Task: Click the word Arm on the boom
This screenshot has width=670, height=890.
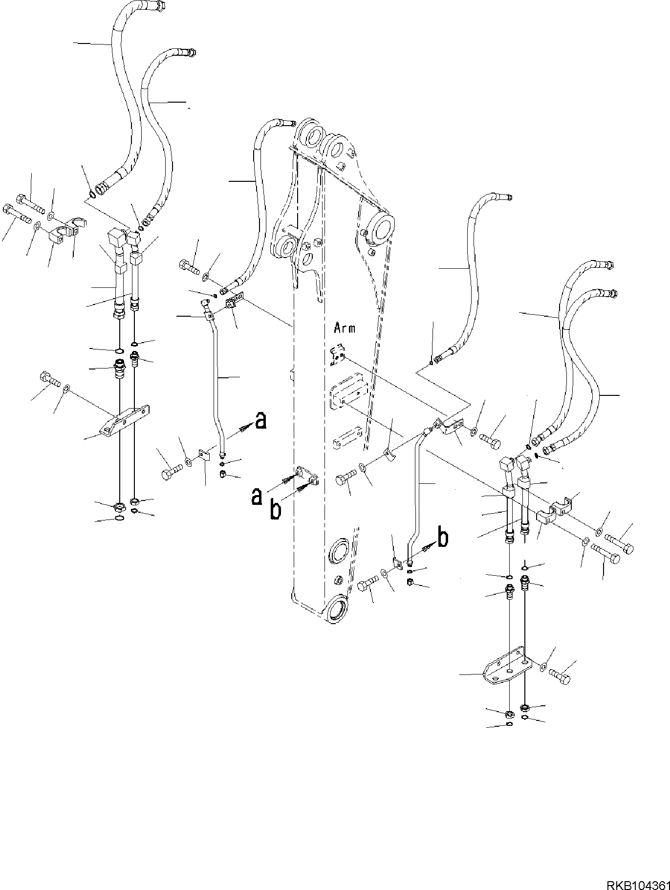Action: pyautogui.click(x=345, y=328)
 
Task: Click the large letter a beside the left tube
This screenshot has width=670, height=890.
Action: pyautogui.click(x=261, y=420)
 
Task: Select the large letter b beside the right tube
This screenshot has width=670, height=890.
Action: pyautogui.click(x=443, y=539)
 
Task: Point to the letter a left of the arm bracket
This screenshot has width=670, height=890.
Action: pyautogui.click(x=257, y=497)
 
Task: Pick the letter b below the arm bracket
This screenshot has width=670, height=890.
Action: pyautogui.click(x=276, y=510)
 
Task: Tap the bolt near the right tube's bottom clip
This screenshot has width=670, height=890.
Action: pyautogui.click(x=367, y=584)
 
